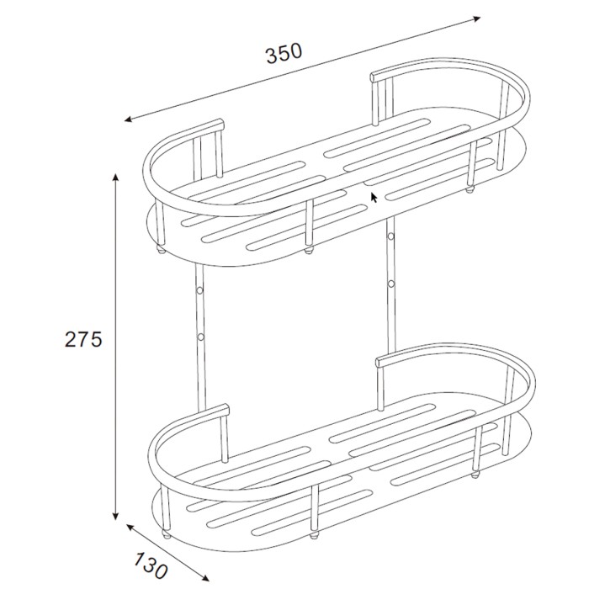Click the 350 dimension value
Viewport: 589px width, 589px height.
pos(284,53)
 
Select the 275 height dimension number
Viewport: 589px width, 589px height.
pos(83,340)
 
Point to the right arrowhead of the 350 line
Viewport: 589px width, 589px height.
pos(476,19)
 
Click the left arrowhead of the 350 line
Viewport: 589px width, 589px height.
pos(129,119)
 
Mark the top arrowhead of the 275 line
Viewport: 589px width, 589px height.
pos(116,178)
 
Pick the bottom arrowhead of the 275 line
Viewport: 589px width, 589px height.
pos(116,516)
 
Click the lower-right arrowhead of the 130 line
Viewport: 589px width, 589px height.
pos(204,578)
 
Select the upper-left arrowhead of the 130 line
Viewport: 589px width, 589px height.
pos(130,528)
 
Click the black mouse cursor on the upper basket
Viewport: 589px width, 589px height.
pos(374,197)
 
